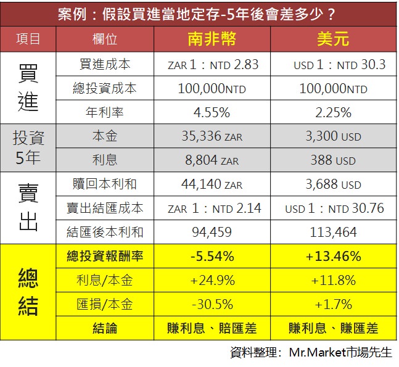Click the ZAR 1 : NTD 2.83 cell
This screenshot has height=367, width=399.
point(212,64)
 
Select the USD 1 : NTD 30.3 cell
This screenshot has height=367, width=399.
point(333,64)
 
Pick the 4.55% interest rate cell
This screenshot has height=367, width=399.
point(212,112)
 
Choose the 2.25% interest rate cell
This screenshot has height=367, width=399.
point(333,112)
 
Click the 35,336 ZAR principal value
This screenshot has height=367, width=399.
point(212,136)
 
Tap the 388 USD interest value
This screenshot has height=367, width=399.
point(333,160)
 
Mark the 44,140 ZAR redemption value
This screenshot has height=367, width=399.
point(212,184)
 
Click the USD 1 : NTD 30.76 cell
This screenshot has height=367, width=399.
point(333,208)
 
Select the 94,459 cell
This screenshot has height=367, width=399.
point(212,233)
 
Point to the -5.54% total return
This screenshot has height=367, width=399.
point(212,256)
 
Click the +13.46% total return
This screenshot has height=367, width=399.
point(333,256)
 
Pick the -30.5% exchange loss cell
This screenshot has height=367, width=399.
point(212,304)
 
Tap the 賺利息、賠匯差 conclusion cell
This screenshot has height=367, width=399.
point(212,328)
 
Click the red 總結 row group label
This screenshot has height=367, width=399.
point(28,292)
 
